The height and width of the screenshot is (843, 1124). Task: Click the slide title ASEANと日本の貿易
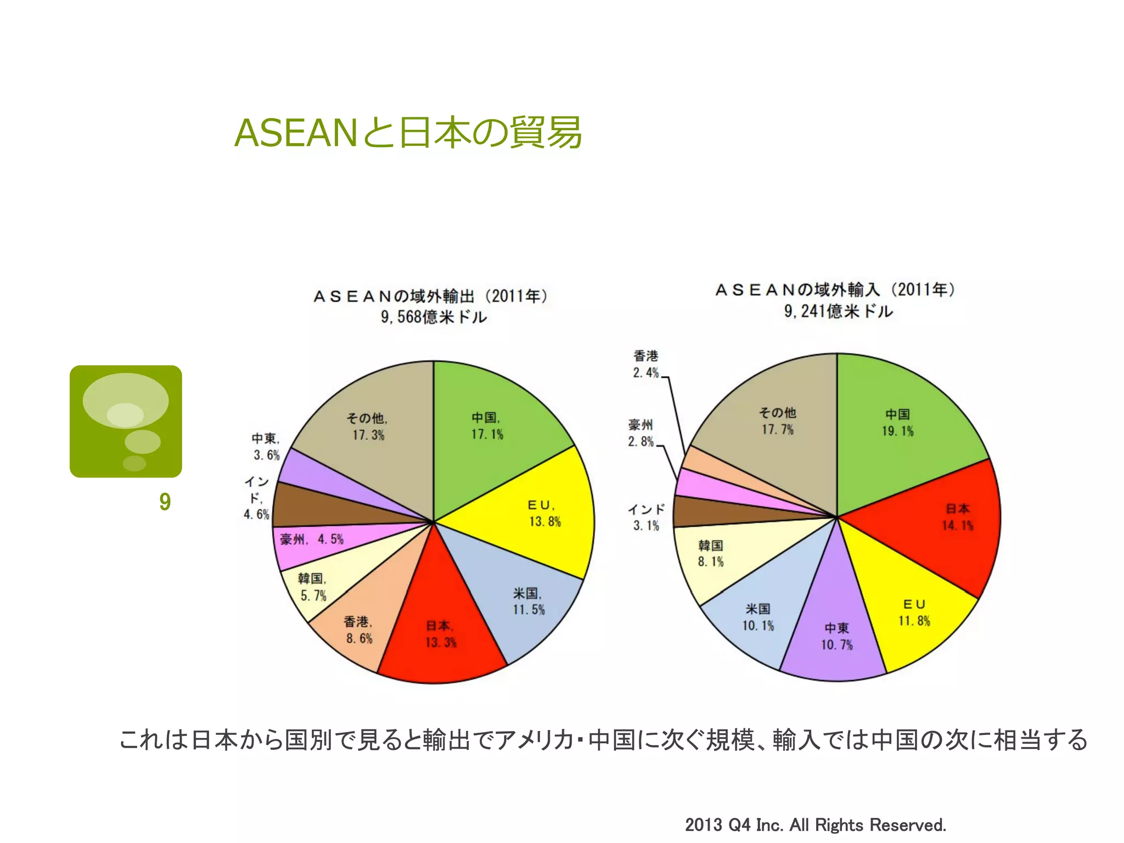(x=408, y=133)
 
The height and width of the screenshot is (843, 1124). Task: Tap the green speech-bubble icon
(x=126, y=421)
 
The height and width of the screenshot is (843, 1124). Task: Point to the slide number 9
(x=165, y=502)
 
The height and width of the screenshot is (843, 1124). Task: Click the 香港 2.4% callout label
(x=645, y=364)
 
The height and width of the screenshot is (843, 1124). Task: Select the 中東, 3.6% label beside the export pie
(x=266, y=447)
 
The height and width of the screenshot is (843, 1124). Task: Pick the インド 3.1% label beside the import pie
(x=646, y=518)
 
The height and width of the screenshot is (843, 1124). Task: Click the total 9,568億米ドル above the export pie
(x=434, y=317)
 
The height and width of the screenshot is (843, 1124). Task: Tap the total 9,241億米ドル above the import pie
(x=838, y=312)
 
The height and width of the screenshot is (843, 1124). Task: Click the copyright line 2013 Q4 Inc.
(x=816, y=825)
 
